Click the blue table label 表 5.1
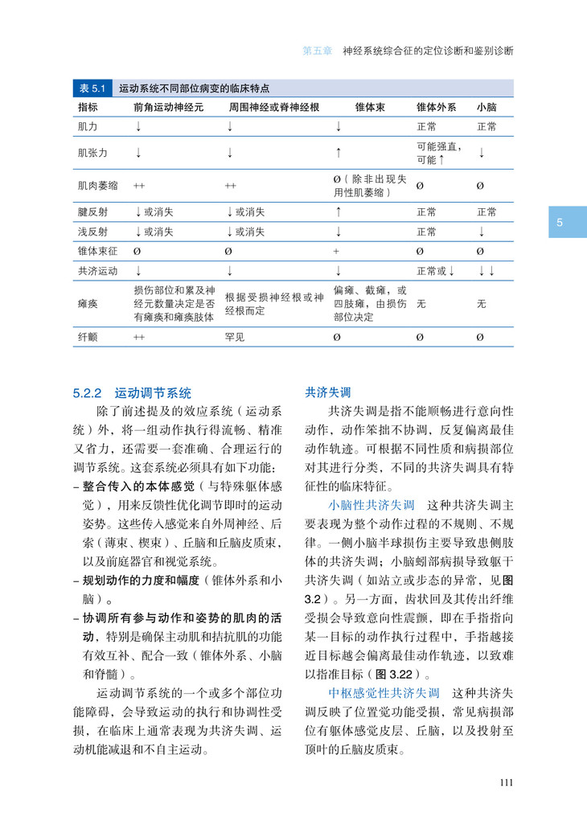(93, 88)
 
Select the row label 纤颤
(88, 337)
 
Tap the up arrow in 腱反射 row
(339, 212)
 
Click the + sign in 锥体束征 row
(336, 252)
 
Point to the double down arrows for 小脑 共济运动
(486, 271)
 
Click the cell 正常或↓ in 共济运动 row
(436, 271)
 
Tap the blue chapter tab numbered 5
(560, 222)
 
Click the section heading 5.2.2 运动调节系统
(132, 393)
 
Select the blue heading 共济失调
(327, 393)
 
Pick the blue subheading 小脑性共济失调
(371, 505)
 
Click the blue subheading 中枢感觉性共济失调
(384, 692)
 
